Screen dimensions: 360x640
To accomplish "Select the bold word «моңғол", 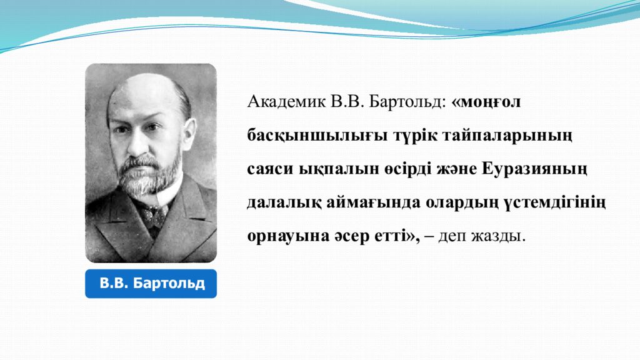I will coord(486,102).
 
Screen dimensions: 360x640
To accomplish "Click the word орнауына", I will coord(281,237).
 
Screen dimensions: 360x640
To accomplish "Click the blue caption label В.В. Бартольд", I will coord(151,284).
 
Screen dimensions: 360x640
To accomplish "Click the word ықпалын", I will coord(322,169).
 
